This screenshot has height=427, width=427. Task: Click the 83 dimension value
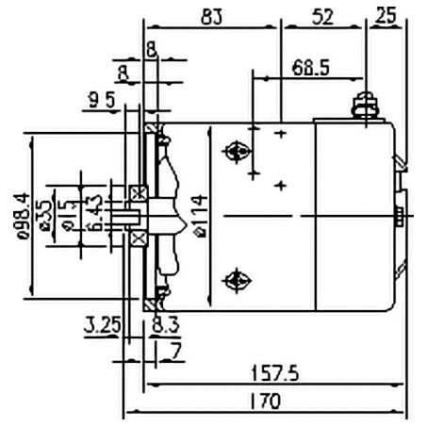(212, 16)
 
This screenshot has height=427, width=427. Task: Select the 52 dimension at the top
(320, 16)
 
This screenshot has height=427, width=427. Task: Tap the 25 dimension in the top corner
(386, 16)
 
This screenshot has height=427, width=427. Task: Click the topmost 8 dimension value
(152, 47)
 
